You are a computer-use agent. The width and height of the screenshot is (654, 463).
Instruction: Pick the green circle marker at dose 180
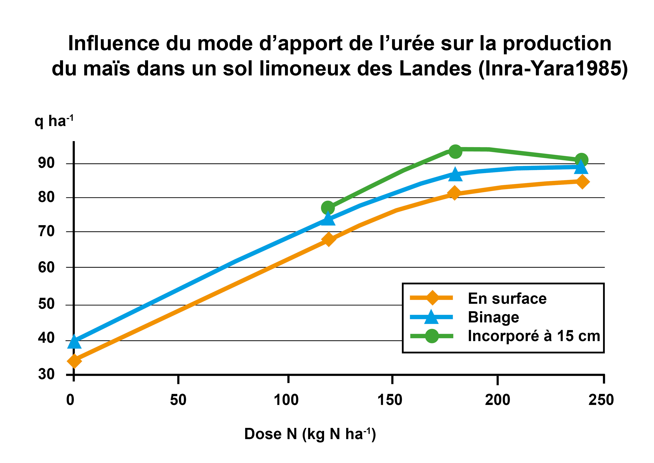click(x=455, y=151)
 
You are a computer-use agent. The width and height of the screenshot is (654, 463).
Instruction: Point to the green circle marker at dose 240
click(x=581, y=160)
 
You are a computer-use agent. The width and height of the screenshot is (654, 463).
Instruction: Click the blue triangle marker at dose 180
click(x=455, y=174)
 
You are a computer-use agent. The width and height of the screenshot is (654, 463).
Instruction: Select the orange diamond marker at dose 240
click(x=582, y=182)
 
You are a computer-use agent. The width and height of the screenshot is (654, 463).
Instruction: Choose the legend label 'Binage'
click(x=493, y=317)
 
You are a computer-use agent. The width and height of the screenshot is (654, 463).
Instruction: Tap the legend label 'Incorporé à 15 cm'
click(x=534, y=336)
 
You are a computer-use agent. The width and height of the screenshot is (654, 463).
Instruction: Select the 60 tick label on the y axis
click(x=46, y=268)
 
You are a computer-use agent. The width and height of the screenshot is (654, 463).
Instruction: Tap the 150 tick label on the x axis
click(x=390, y=400)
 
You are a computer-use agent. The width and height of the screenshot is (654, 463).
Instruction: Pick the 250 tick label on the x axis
click(x=601, y=400)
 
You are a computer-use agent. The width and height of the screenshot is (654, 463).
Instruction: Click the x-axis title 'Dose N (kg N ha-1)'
click(x=310, y=434)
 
